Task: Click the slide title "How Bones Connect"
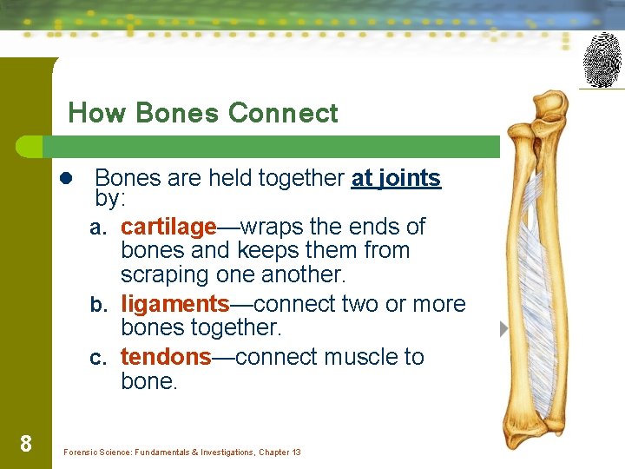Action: click(203, 113)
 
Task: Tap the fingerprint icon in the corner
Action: click(602, 60)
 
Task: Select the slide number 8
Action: click(26, 445)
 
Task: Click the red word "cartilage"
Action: click(168, 227)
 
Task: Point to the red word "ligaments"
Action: click(174, 304)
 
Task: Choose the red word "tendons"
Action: click(166, 357)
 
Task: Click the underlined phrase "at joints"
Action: click(396, 178)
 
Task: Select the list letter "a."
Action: click(100, 228)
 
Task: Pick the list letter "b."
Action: click(100, 306)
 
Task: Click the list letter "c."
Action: click(100, 359)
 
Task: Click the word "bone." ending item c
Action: click(148, 381)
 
